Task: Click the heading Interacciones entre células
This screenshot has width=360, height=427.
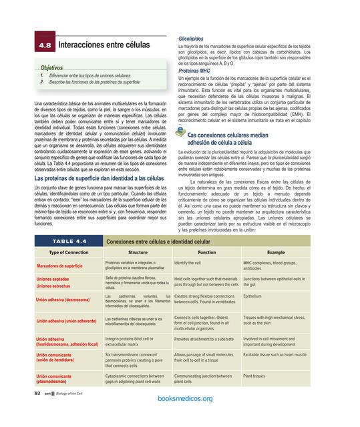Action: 104,45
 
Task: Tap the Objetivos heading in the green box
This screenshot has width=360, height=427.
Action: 51,68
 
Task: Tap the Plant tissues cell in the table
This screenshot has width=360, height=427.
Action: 254,376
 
